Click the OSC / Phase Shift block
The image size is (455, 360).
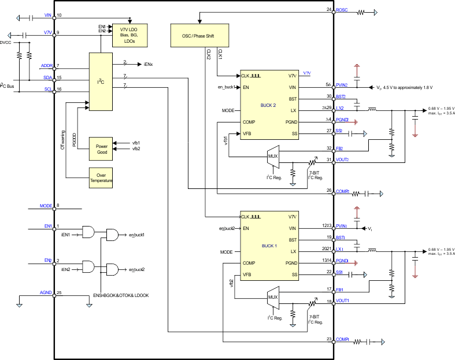[200, 35]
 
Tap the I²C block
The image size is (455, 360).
[101, 81]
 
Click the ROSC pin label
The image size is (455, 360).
[342, 10]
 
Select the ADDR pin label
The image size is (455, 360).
[47, 66]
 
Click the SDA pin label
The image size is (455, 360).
[47, 77]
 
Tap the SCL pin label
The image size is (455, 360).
[47, 89]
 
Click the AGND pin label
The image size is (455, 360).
[46, 293]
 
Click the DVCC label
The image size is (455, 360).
[6, 43]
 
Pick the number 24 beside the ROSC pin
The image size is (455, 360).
[329, 10]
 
